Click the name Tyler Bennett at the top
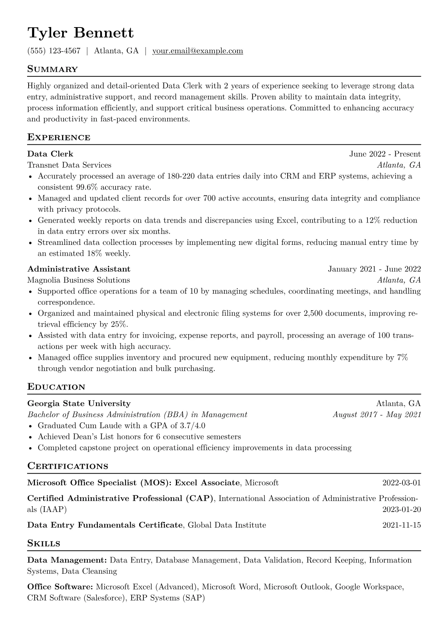pos(80,33)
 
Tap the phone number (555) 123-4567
pos(54,51)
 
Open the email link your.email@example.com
pos(197,51)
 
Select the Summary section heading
pos(52,69)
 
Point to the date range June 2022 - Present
pos(385,154)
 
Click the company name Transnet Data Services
pos(69,165)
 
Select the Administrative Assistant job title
pos(79,269)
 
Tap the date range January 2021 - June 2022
pos(374,269)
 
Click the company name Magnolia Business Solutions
pos(78,280)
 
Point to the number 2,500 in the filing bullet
pos(312,313)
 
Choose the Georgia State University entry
pos(79,403)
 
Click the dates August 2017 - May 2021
pos(376,415)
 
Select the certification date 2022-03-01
pos(401,483)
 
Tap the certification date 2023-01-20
pos(401,510)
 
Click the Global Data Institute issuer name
pos(227,525)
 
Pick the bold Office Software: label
pos(60,587)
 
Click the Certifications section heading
pos(68,466)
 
